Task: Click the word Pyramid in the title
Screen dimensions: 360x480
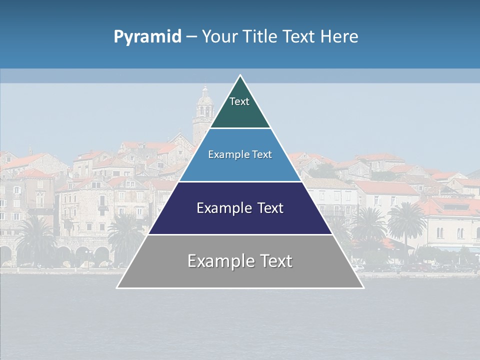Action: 147,37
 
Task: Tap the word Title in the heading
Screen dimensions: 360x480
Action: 260,37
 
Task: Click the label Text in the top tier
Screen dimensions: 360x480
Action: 239,101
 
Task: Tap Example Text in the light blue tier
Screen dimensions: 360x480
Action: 240,154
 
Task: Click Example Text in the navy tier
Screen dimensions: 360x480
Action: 240,208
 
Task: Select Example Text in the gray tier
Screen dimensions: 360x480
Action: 240,261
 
